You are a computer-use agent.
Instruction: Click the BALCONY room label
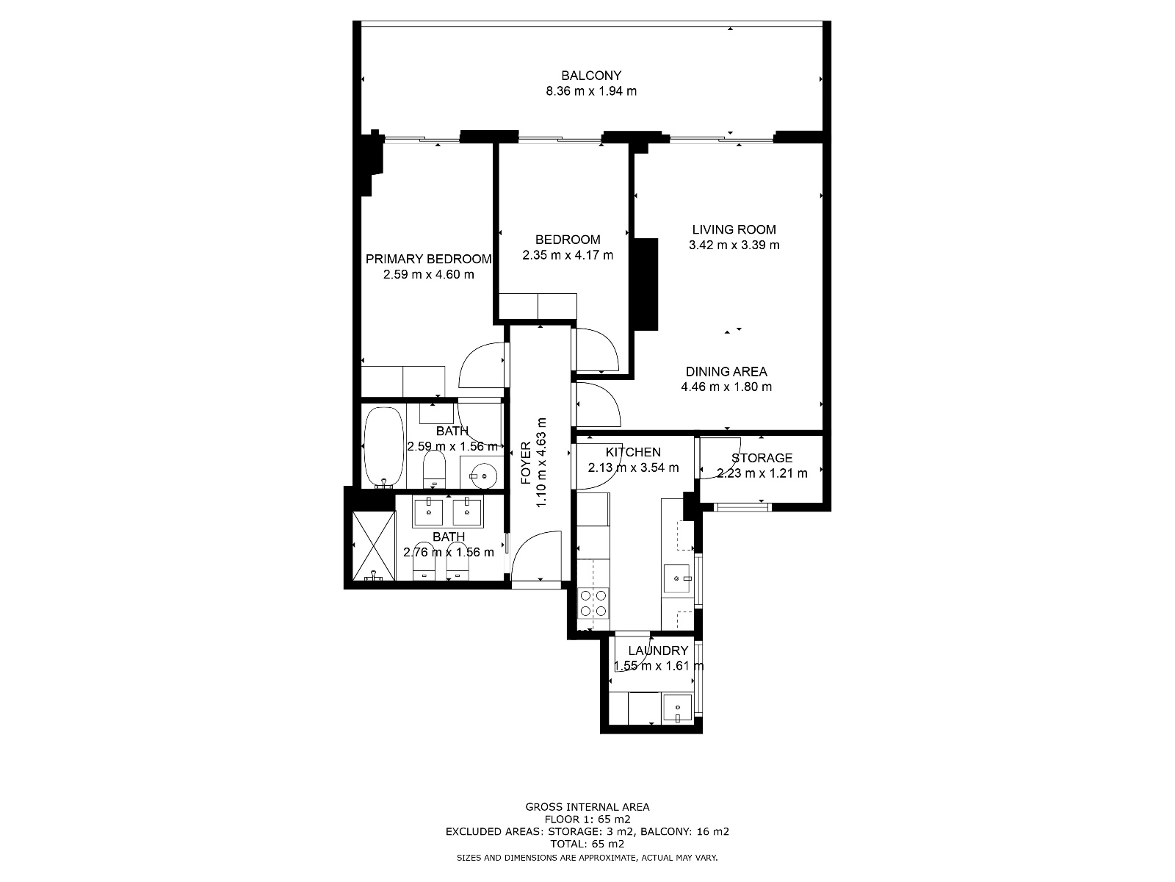(591, 76)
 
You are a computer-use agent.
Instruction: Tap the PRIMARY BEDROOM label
(428, 259)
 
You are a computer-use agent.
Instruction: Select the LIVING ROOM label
(734, 230)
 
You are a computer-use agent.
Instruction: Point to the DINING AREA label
(726, 372)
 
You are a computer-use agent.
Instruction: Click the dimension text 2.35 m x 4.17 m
(568, 256)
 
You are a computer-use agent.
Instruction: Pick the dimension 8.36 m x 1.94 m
(591, 91)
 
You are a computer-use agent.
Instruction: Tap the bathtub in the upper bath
(384, 448)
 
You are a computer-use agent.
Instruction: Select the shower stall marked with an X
(374, 545)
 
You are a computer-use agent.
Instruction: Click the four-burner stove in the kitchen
(593, 603)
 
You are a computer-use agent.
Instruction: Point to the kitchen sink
(676, 578)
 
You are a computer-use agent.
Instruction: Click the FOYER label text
(527, 463)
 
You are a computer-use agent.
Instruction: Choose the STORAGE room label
(762, 459)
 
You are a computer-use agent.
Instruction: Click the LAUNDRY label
(658, 650)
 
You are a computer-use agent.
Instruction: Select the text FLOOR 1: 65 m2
(587, 820)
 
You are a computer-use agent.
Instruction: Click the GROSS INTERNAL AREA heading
(587, 807)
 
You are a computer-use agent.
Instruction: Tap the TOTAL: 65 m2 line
(587, 844)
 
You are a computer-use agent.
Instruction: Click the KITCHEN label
(633, 453)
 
